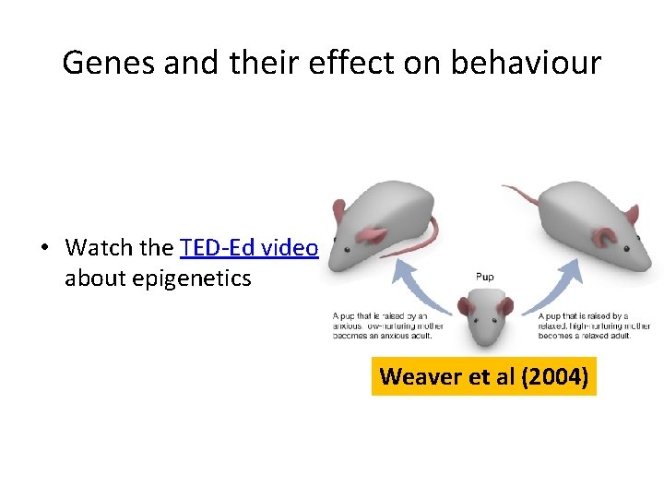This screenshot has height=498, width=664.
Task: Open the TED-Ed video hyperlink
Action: tap(249, 248)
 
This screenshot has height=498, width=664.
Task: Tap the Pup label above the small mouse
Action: tap(485, 275)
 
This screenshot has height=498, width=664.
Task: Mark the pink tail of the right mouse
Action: tap(526, 192)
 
